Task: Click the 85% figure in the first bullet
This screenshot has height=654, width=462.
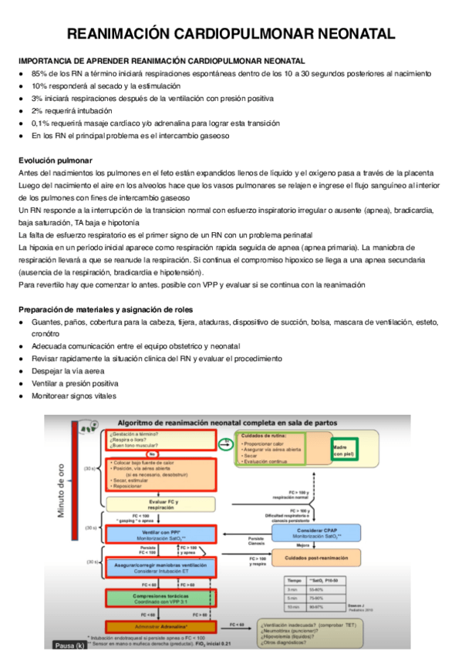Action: (39, 73)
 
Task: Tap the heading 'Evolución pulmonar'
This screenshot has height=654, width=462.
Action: (55, 160)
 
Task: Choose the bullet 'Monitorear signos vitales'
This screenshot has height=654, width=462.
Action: (74, 396)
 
